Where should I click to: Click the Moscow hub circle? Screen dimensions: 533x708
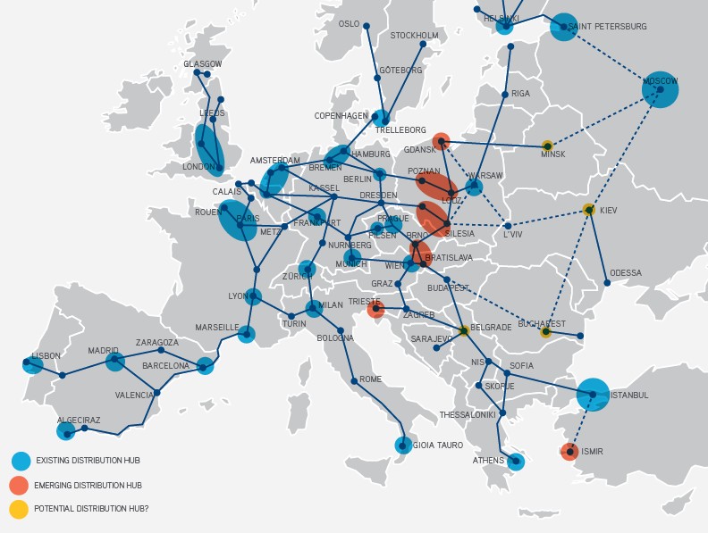click(661, 89)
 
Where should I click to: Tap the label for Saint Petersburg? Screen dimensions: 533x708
click(607, 27)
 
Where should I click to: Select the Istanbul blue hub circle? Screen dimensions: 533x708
click(593, 394)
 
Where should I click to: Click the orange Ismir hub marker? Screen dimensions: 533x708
click(569, 452)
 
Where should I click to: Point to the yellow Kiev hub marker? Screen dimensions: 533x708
click(588, 210)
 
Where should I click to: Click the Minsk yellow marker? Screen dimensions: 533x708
click(547, 145)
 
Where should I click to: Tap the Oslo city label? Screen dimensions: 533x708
click(350, 24)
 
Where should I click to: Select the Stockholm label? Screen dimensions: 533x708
click(414, 36)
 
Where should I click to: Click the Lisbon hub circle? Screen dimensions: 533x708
click(33, 364)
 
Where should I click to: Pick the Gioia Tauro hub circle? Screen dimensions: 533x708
click(404, 445)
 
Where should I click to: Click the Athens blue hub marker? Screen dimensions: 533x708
click(515, 462)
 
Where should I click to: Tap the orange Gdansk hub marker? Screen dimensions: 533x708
click(441, 141)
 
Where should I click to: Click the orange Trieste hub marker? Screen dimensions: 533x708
click(375, 309)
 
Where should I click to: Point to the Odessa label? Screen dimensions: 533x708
click(626, 273)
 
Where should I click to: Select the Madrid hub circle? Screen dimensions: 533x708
click(114, 362)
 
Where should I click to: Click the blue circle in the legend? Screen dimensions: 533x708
click(20, 461)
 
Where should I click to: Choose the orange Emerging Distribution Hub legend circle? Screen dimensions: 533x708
click(20, 485)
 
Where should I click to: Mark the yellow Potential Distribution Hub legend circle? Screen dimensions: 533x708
click(20, 509)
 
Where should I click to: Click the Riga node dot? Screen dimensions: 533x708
click(505, 94)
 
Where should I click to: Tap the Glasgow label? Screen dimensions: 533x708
click(203, 64)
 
